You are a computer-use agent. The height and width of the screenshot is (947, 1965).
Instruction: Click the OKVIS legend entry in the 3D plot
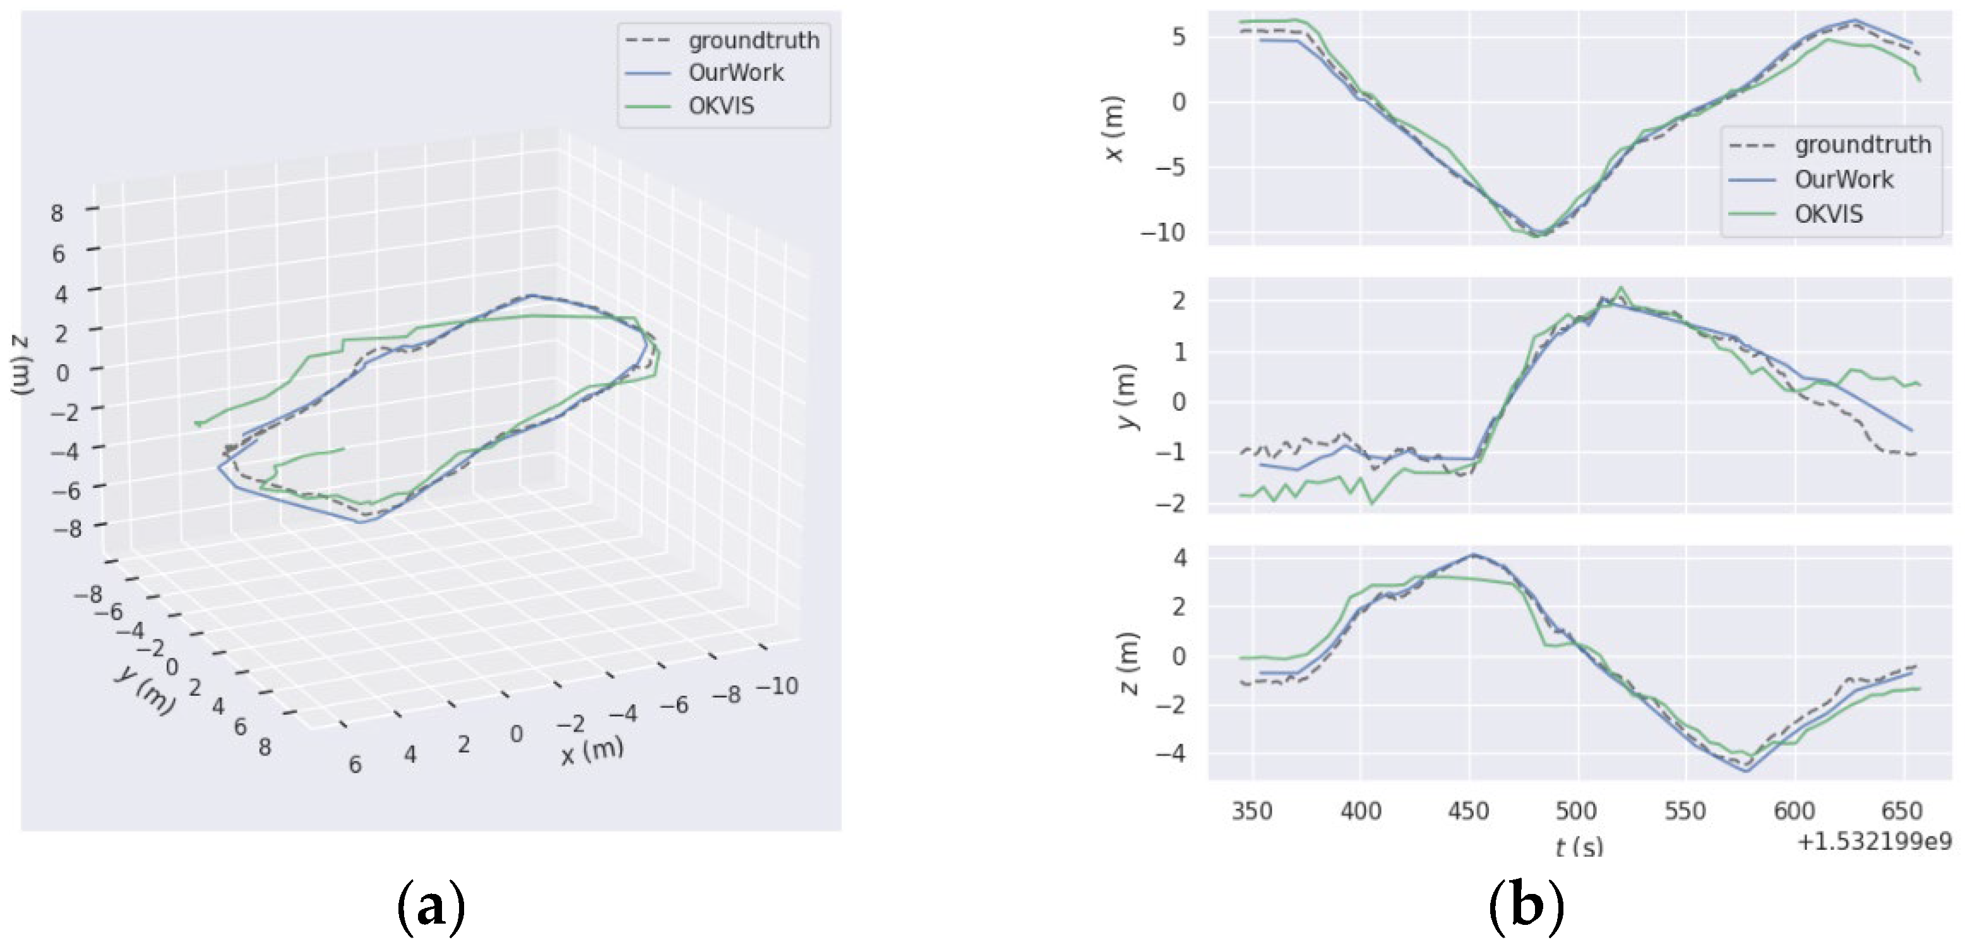[721, 105]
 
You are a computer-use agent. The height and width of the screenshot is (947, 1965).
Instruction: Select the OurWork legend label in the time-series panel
[1843, 179]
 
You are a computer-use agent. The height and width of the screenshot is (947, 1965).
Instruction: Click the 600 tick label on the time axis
[1794, 811]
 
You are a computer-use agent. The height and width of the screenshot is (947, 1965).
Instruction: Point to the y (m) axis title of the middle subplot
[1128, 396]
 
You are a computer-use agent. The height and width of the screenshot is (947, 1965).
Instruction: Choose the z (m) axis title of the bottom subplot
[1130, 664]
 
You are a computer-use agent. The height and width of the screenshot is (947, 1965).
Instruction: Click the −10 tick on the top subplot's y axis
[1162, 232]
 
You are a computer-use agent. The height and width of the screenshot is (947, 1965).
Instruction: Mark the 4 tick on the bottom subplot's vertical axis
[1180, 557]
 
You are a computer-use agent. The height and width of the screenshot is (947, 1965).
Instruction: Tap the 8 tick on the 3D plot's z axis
[57, 213]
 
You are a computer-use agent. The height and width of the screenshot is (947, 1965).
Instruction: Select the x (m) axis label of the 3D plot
[592, 751]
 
